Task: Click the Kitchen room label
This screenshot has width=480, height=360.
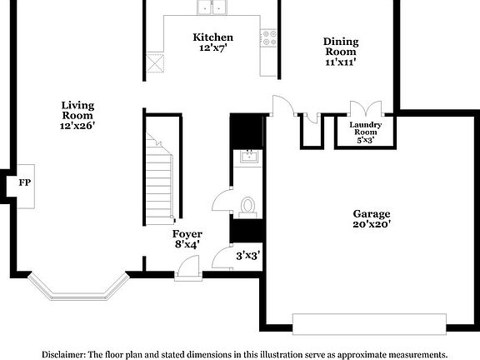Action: coord(213,37)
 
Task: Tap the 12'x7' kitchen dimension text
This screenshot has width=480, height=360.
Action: coord(213,49)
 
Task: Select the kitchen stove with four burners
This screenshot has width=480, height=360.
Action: coord(269,37)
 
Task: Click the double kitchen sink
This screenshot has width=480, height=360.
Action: coord(214,8)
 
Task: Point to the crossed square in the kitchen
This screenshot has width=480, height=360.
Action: coord(153,63)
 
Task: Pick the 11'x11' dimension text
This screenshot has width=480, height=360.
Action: coord(342,62)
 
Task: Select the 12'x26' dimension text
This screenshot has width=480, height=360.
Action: coord(77,126)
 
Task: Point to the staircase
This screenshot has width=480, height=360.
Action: coord(158,179)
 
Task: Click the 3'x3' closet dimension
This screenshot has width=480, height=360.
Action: coord(248,256)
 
